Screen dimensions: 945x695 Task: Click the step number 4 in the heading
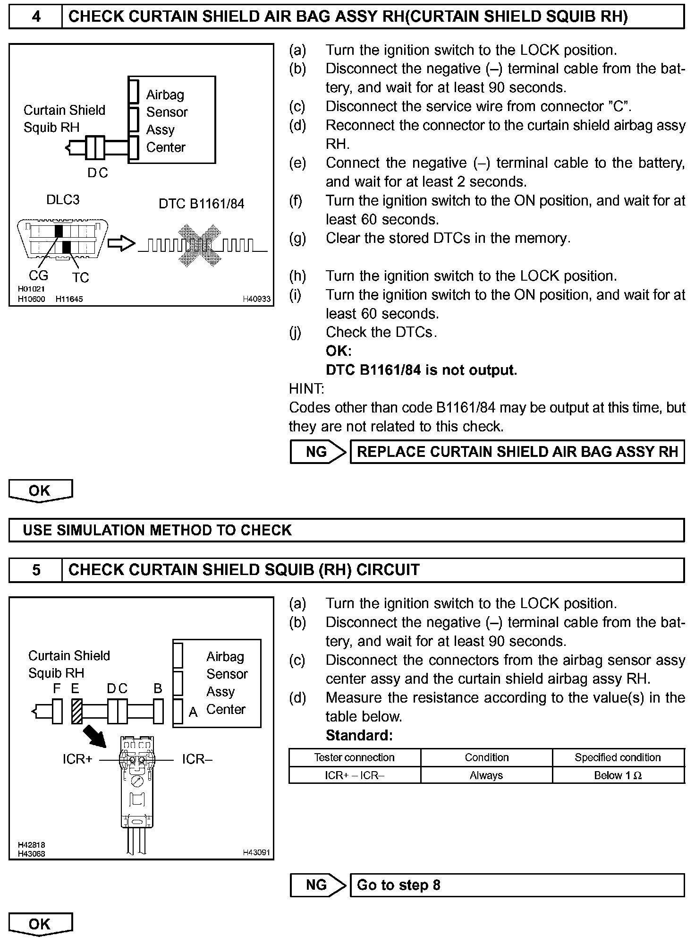pos(36,17)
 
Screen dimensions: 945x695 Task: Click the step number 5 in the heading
pos(36,570)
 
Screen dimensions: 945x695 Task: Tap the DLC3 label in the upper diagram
pos(63,200)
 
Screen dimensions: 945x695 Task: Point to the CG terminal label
pos(39,275)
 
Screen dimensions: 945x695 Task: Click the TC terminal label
pos(81,277)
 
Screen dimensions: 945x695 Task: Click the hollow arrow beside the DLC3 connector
pos(121,244)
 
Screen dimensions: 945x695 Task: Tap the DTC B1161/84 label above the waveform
pos(202,204)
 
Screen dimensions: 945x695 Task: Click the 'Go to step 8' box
pos(517,885)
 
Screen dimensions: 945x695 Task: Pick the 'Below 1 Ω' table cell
pos(618,775)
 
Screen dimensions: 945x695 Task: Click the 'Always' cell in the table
pos(486,775)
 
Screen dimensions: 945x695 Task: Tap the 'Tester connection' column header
pos(355,757)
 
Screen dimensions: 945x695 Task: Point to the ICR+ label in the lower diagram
pos(78,759)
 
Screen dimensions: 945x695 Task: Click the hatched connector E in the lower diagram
pos(76,711)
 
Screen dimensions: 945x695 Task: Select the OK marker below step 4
pos(40,490)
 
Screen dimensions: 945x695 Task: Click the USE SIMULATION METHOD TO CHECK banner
pos(347,530)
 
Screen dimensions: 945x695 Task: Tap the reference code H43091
pos(256,853)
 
